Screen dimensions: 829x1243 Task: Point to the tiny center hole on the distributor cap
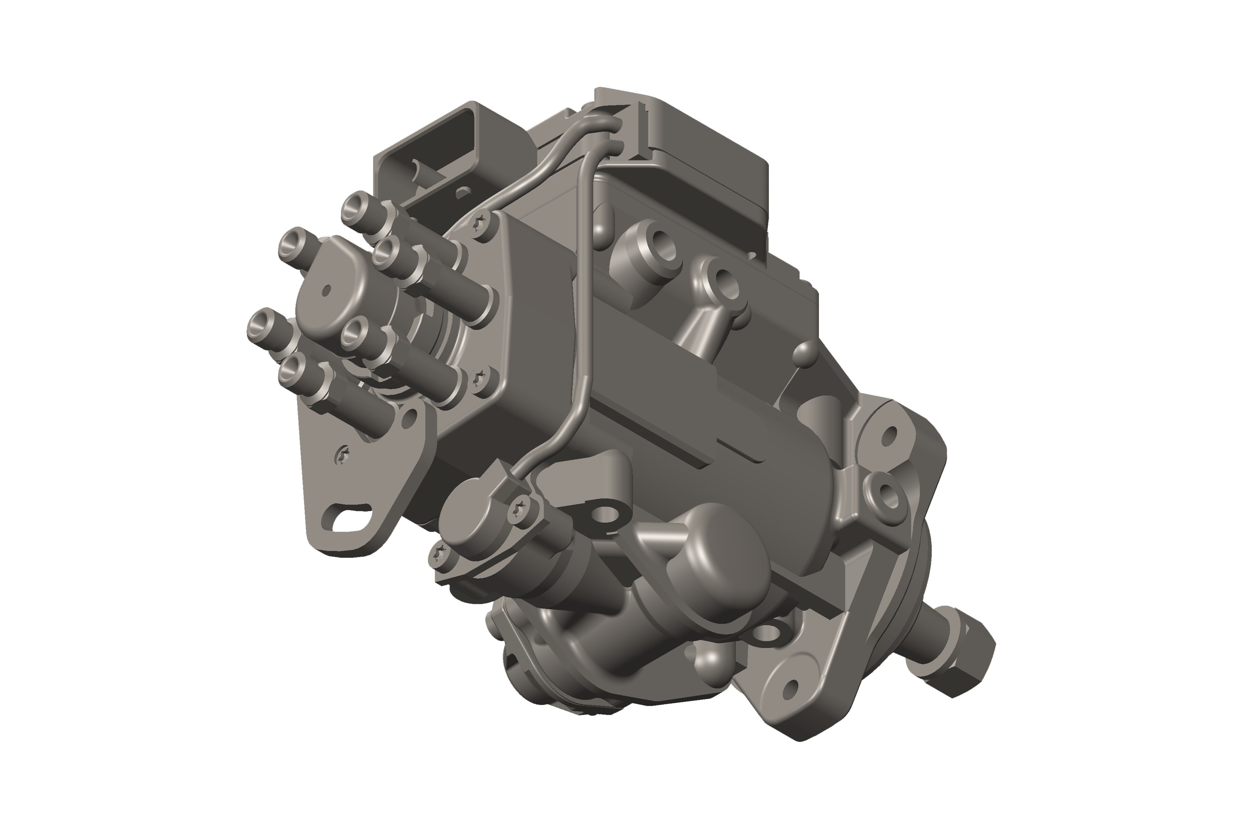(326, 290)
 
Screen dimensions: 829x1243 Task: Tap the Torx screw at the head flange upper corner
(481, 223)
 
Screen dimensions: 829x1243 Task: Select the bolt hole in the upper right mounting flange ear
(889, 435)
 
